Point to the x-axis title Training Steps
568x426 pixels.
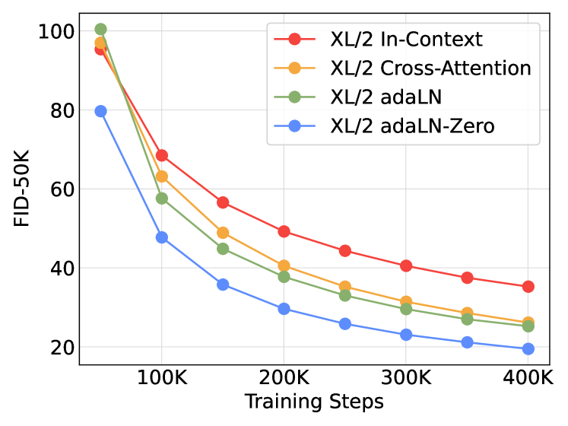tap(314, 402)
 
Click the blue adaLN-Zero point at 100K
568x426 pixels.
tap(161, 237)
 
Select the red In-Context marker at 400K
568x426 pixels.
tap(528, 287)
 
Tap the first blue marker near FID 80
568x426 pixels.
tap(100, 111)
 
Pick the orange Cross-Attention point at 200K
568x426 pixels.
tap(284, 266)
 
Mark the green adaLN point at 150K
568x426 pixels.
tap(223, 249)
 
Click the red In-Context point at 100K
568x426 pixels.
tap(161, 155)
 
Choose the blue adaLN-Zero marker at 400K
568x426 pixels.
tap(528, 349)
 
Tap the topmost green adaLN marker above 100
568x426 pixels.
tap(100, 30)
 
